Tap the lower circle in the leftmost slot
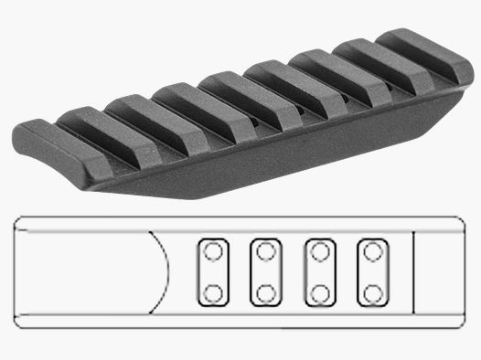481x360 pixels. [x=213, y=293]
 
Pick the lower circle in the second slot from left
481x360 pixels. [x=266, y=293]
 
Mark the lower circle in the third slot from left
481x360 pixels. [x=319, y=293]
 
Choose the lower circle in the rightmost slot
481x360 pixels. [x=372, y=293]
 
